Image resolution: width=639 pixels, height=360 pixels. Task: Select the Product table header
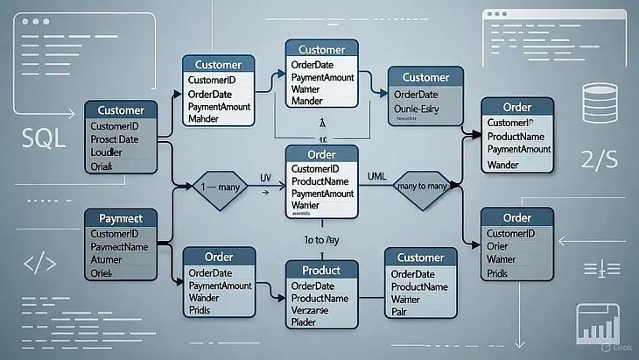pos(320,270)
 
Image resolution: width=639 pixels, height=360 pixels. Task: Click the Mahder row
pos(203,119)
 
